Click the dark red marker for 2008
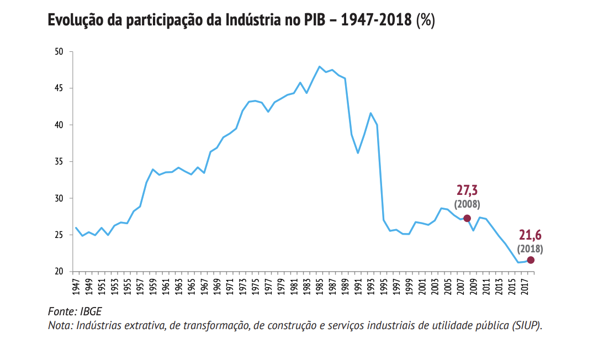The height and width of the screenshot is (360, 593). click(x=467, y=218)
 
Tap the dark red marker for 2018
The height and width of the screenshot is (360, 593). click(x=531, y=260)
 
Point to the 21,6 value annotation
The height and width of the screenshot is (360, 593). click(x=530, y=236)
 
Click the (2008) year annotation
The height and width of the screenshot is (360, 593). click(x=467, y=204)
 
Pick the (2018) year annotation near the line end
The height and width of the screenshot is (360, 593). click(x=530, y=248)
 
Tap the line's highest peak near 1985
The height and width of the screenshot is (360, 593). click(x=319, y=67)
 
